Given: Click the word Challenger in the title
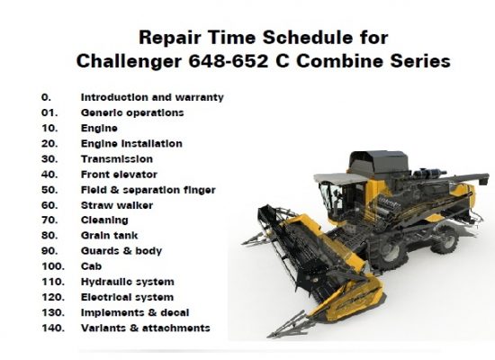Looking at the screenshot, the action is [x=129, y=61].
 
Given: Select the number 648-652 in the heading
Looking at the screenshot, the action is [x=229, y=60].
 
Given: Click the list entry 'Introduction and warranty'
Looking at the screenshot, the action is [x=152, y=97].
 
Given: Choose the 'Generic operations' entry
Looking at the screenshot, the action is [x=132, y=112].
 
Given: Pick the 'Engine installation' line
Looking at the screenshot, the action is [x=131, y=144].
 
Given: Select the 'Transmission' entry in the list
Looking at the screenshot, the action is [x=117, y=158].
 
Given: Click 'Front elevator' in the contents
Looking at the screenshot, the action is [x=119, y=175].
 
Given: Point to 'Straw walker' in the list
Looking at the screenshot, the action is [x=117, y=205].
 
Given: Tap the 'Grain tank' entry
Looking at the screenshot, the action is [x=109, y=235].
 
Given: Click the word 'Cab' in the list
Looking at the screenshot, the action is [x=91, y=266].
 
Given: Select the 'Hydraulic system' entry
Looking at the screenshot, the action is [x=128, y=282].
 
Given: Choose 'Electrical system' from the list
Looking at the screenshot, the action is [x=127, y=297].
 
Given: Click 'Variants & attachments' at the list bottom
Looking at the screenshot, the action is [x=146, y=328].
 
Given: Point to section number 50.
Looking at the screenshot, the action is [x=49, y=190].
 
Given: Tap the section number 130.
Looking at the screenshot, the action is [x=53, y=312].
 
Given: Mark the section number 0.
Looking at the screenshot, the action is [x=46, y=97].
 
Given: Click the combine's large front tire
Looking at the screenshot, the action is [x=386, y=253].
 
